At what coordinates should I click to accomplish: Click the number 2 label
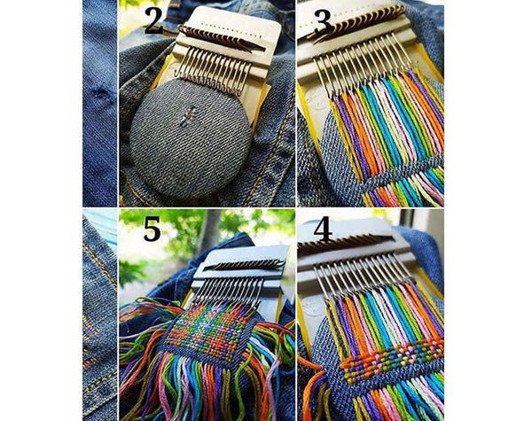(x=153, y=19)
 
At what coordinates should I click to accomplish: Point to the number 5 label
(x=152, y=229)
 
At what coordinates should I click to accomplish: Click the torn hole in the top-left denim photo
(x=100, y=93)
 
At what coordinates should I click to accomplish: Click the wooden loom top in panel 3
(x=364, y=22)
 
